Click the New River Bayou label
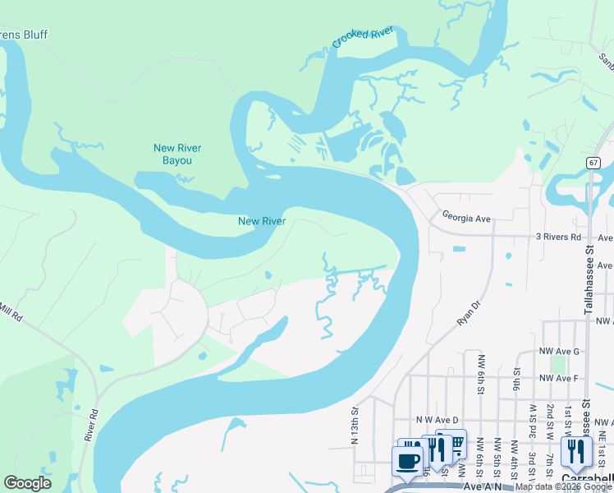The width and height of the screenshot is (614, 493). [177, 154]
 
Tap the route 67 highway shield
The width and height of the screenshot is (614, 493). [593, 164]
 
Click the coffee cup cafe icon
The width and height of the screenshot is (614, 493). [407, 461]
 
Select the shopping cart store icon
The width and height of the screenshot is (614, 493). [454, 444]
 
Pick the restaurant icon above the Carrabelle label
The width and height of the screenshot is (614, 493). [576, 452]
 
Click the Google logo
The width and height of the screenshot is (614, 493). [28, 483]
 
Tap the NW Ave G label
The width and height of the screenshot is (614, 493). [559, 351]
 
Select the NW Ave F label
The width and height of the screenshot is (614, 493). [559, 378]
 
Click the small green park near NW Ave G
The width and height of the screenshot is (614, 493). [560, 364]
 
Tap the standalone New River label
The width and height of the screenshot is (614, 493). [261, 221]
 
